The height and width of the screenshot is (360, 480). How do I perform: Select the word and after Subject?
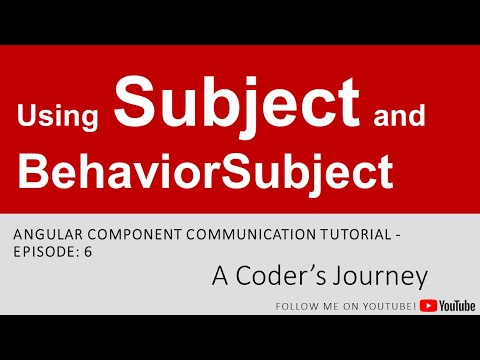399,119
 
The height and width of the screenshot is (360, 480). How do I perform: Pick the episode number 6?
88,252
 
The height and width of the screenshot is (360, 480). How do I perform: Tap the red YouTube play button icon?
429,303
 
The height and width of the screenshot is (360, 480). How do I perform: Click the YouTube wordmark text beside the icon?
457,303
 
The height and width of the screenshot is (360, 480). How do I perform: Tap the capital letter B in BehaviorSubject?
32,174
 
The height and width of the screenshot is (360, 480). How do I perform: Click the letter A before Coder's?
218,276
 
